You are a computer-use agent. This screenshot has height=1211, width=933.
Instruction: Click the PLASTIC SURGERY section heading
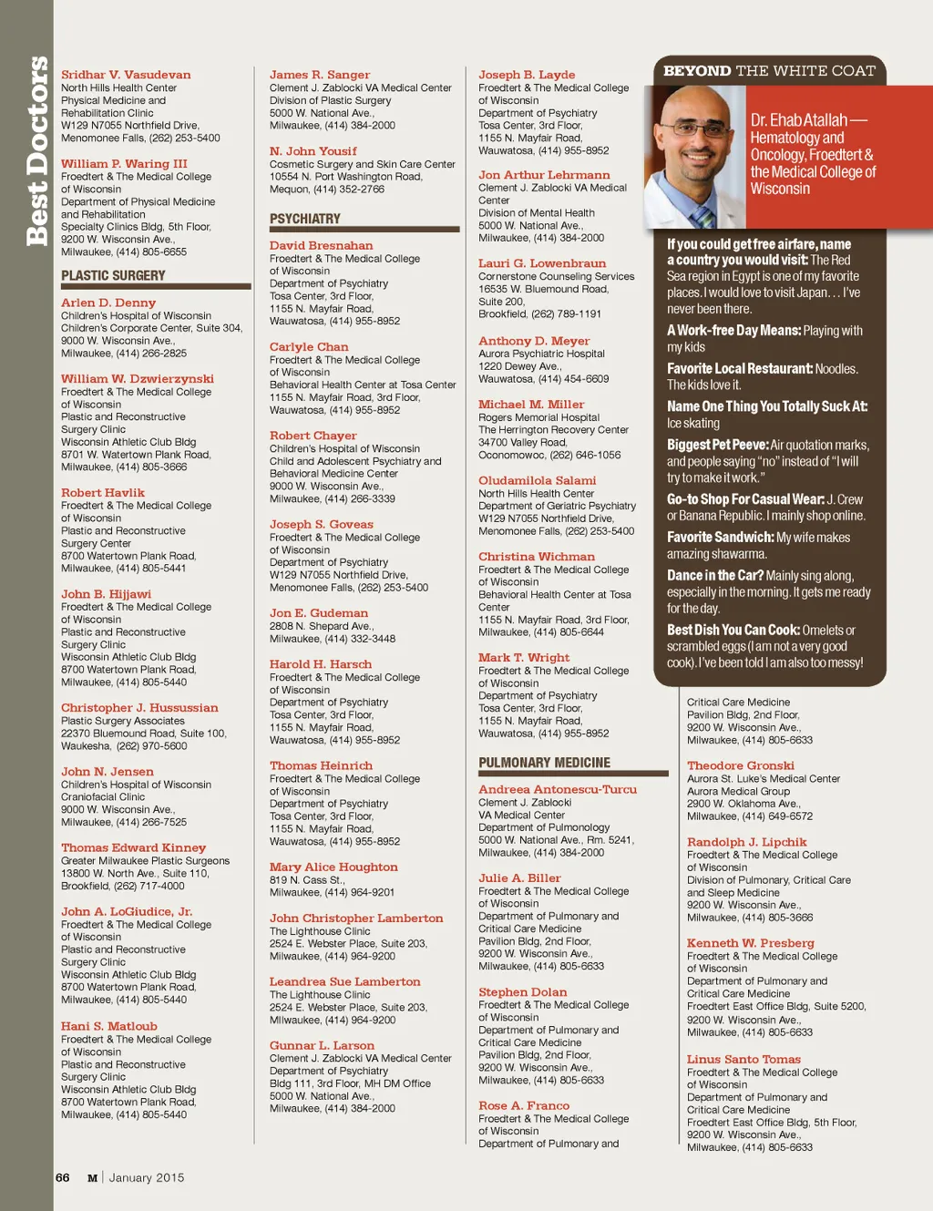click(x=113, y=275)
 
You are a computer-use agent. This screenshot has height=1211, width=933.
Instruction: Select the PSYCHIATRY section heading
click(x=304, y=219)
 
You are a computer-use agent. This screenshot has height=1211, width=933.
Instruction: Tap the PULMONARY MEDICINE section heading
click(x=544, y=763)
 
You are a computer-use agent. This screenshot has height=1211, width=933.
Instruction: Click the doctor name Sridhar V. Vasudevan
click(x=126, y=75)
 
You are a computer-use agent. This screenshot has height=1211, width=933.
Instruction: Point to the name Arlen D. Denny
click(x=108, y=303)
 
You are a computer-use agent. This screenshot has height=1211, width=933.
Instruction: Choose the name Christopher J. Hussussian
click(x=139, y=707)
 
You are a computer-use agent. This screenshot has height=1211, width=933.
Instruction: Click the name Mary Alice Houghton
click(x=333, y=867)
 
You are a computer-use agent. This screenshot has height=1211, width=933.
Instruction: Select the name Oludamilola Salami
click(x=537, y=480)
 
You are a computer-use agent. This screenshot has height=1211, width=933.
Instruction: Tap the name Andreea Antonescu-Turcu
click(x=558, y=789)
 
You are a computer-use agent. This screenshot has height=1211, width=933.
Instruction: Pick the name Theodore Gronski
click(x=740, y=765)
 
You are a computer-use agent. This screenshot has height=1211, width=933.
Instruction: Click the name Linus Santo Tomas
click(x=743, y=1059)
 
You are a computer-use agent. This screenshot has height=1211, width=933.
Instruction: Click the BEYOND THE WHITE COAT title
click(x=769, y=71)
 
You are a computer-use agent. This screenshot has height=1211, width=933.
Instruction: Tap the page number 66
click(x=62, y=1177)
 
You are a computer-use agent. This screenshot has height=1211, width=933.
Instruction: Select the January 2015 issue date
click(x=147, y=1177)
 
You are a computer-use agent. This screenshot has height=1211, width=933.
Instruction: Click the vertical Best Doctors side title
click(x=36, y=150)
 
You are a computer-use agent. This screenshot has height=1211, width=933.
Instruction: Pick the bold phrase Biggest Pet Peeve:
click(x=717, y=445)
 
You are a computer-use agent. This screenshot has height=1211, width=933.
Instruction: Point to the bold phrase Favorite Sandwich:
click(x=720, y=538)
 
